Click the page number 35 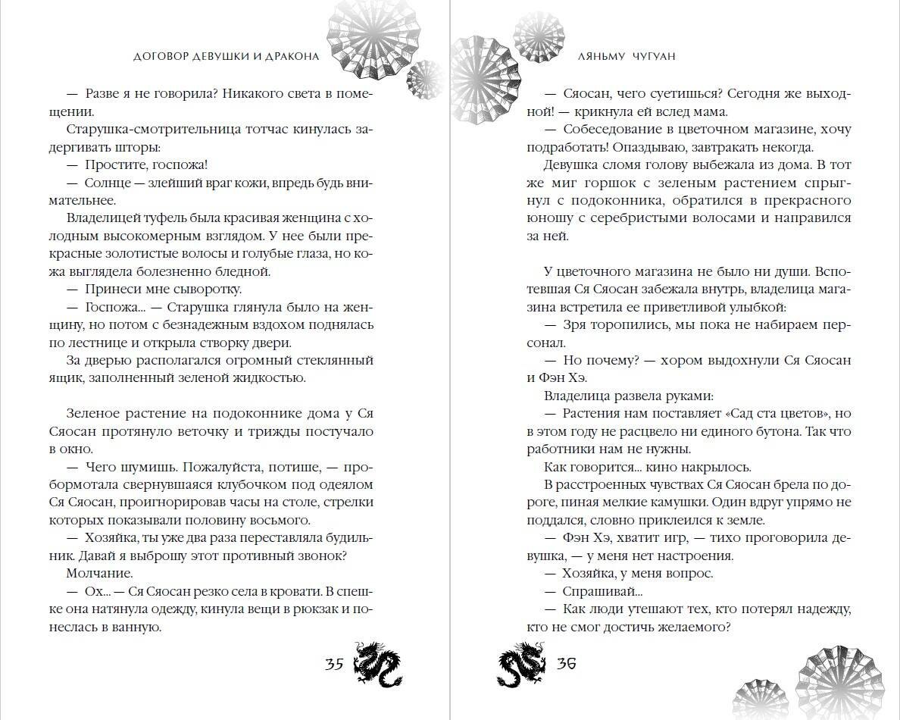pos(334,665)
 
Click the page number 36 pos(567,665)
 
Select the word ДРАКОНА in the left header pos(287,56)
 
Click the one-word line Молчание pos(100,573)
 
